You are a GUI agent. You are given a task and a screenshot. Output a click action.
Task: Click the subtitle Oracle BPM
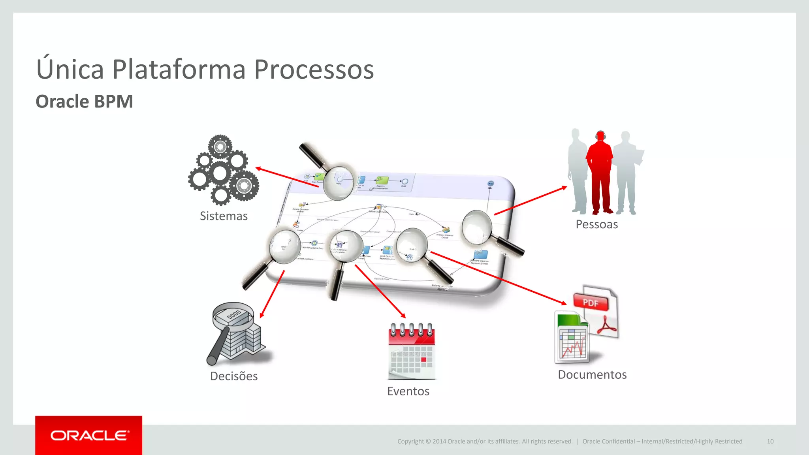click(x=84, y=102)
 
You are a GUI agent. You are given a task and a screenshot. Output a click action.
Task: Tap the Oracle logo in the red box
click(x=89, y=435)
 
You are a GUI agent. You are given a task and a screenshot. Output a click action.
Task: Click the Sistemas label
click(x=224, y=216)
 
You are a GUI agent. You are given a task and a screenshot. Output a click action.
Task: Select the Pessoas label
click(x=596, y=224)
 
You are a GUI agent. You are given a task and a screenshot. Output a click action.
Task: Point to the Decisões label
click(x=234, y=376)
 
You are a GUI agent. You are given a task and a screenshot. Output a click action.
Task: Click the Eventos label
click(x=408, y=391)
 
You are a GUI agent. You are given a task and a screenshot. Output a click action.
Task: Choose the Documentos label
click(x=592, y=374)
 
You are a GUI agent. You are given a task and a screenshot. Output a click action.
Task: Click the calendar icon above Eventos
click(x=412, y=352)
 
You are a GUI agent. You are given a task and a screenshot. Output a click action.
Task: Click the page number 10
click(x=770, y=441)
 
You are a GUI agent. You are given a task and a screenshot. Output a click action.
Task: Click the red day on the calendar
click(x=424, y=359)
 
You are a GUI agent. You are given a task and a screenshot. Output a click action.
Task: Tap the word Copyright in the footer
click(x=410, y=441)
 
